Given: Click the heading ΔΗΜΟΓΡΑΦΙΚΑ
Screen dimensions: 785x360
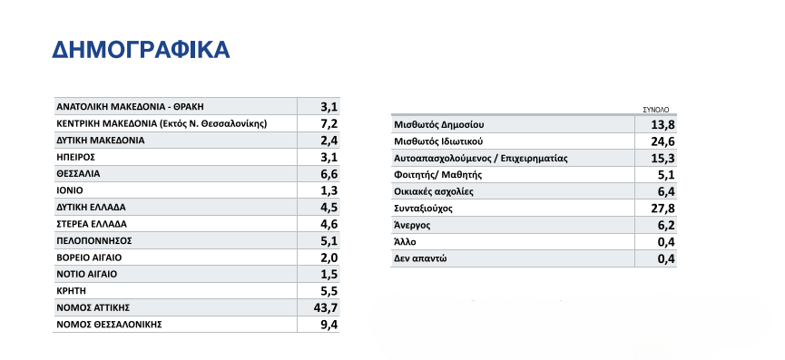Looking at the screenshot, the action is (x=141, y=50).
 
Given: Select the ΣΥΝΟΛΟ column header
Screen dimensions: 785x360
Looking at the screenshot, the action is (x=656, y=110).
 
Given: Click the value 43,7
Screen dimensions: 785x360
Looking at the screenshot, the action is (x=325, y=307).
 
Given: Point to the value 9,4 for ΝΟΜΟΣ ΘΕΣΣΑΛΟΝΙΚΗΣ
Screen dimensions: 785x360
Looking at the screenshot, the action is (x=329, y=325).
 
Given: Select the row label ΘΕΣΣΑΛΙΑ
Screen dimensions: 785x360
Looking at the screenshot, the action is (x=78, y=174).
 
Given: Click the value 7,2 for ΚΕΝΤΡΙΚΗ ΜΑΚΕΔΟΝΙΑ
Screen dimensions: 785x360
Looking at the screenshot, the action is (x=329, y=123).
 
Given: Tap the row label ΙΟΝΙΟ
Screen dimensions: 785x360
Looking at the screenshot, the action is (x=69, y=190).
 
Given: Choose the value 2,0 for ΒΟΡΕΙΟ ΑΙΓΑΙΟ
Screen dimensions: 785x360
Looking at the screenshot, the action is (x=329, y=258).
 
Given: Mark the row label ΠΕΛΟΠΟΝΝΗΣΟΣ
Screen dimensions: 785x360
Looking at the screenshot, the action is (x=94, y=241).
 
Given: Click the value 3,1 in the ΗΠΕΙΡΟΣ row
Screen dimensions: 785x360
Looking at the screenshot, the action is (x=329, y=157).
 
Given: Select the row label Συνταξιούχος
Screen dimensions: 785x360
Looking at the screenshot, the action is (x=423, y=209).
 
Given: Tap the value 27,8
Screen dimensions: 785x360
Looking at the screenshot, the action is (x=662, y=209).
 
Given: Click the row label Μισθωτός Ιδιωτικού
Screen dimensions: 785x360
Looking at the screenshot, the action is (x=438, y=141).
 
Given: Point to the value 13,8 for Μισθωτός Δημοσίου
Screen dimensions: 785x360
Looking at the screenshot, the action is (x=662, y=125).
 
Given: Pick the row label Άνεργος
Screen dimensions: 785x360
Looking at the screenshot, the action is (x=412, y=226).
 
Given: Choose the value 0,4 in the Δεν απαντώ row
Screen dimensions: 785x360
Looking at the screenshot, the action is (x=665, y=259).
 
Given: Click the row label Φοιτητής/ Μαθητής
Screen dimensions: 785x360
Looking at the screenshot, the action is (x=438, y=175).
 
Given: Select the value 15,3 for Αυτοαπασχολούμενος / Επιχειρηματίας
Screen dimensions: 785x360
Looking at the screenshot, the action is (x=662, y=159).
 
